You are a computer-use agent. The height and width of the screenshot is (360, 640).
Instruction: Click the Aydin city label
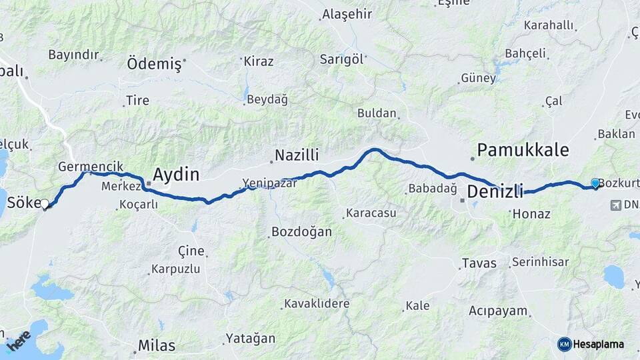176,175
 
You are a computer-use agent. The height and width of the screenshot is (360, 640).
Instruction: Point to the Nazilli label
297,155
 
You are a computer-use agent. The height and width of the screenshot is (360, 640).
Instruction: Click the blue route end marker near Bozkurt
595,183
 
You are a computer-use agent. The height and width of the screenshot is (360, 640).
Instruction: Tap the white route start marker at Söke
45,205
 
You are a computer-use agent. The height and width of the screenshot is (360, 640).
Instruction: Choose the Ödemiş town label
154,64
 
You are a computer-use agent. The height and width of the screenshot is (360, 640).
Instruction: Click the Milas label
157,345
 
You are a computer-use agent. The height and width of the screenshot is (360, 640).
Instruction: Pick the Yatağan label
250,338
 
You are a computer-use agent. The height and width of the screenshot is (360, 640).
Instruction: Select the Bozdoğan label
301,232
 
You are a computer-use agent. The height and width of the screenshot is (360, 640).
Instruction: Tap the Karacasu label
370,214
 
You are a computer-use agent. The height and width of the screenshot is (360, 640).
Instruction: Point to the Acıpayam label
498,311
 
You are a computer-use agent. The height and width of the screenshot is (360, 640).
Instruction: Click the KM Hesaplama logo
591,344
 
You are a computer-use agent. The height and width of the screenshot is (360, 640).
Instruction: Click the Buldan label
377,113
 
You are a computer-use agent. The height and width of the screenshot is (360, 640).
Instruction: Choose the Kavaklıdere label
317,304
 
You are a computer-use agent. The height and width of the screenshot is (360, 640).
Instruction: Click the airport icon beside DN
614,205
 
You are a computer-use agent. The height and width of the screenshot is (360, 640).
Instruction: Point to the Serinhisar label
541,262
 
